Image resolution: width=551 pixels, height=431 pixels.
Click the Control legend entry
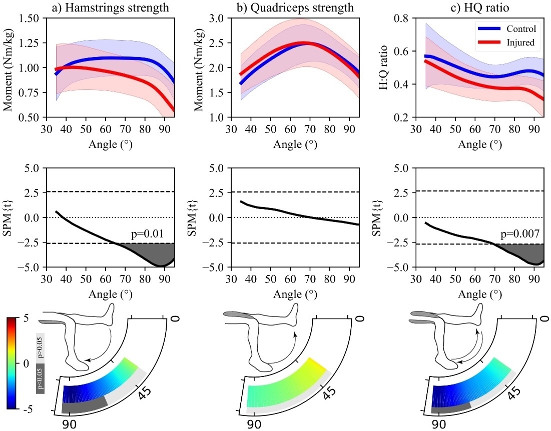pos(521,29)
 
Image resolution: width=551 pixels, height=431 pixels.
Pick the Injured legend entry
pos(520,42)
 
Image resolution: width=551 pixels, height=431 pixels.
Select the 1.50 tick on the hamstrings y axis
pos(29,18)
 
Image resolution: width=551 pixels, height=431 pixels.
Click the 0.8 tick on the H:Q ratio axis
pos(405,18)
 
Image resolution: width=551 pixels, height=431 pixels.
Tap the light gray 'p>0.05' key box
pos(40,348)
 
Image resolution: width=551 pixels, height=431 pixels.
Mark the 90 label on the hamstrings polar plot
pos(70,423)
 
